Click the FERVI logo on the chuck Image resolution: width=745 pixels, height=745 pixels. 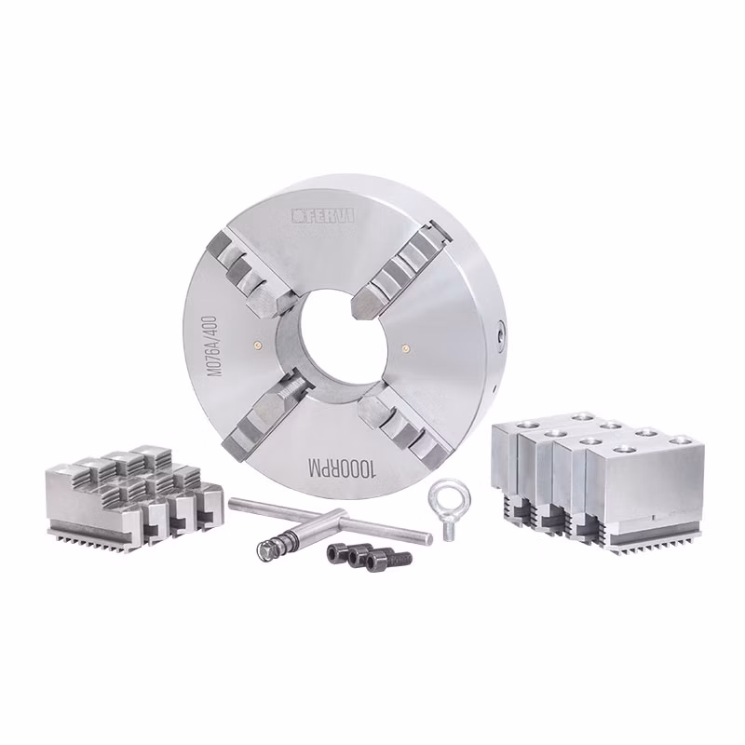[322, 216]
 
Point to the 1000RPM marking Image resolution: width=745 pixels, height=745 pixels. [342, 468]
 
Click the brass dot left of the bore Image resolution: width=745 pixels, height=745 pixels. [257, 345]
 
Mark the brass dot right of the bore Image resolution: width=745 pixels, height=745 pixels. [405, 347]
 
